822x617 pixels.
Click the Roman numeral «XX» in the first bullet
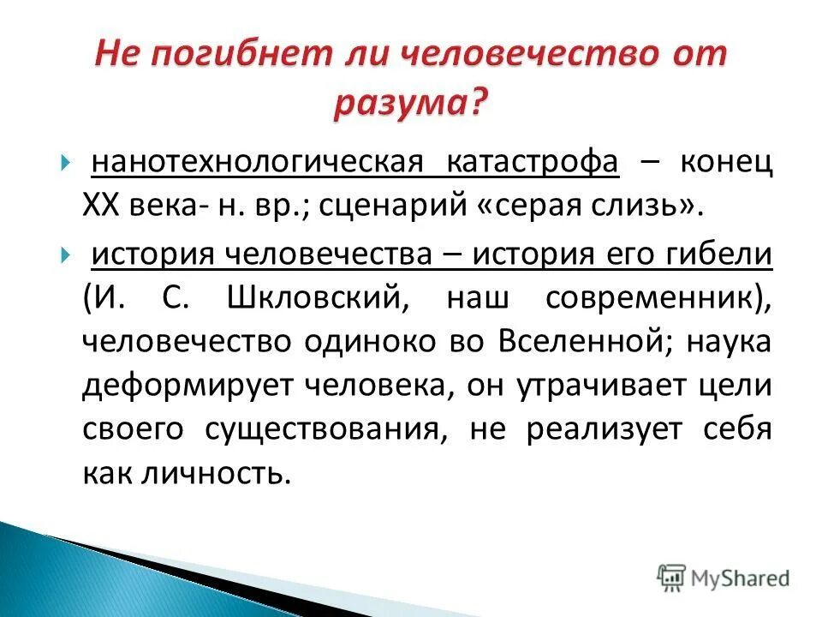(x=106, y=206)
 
